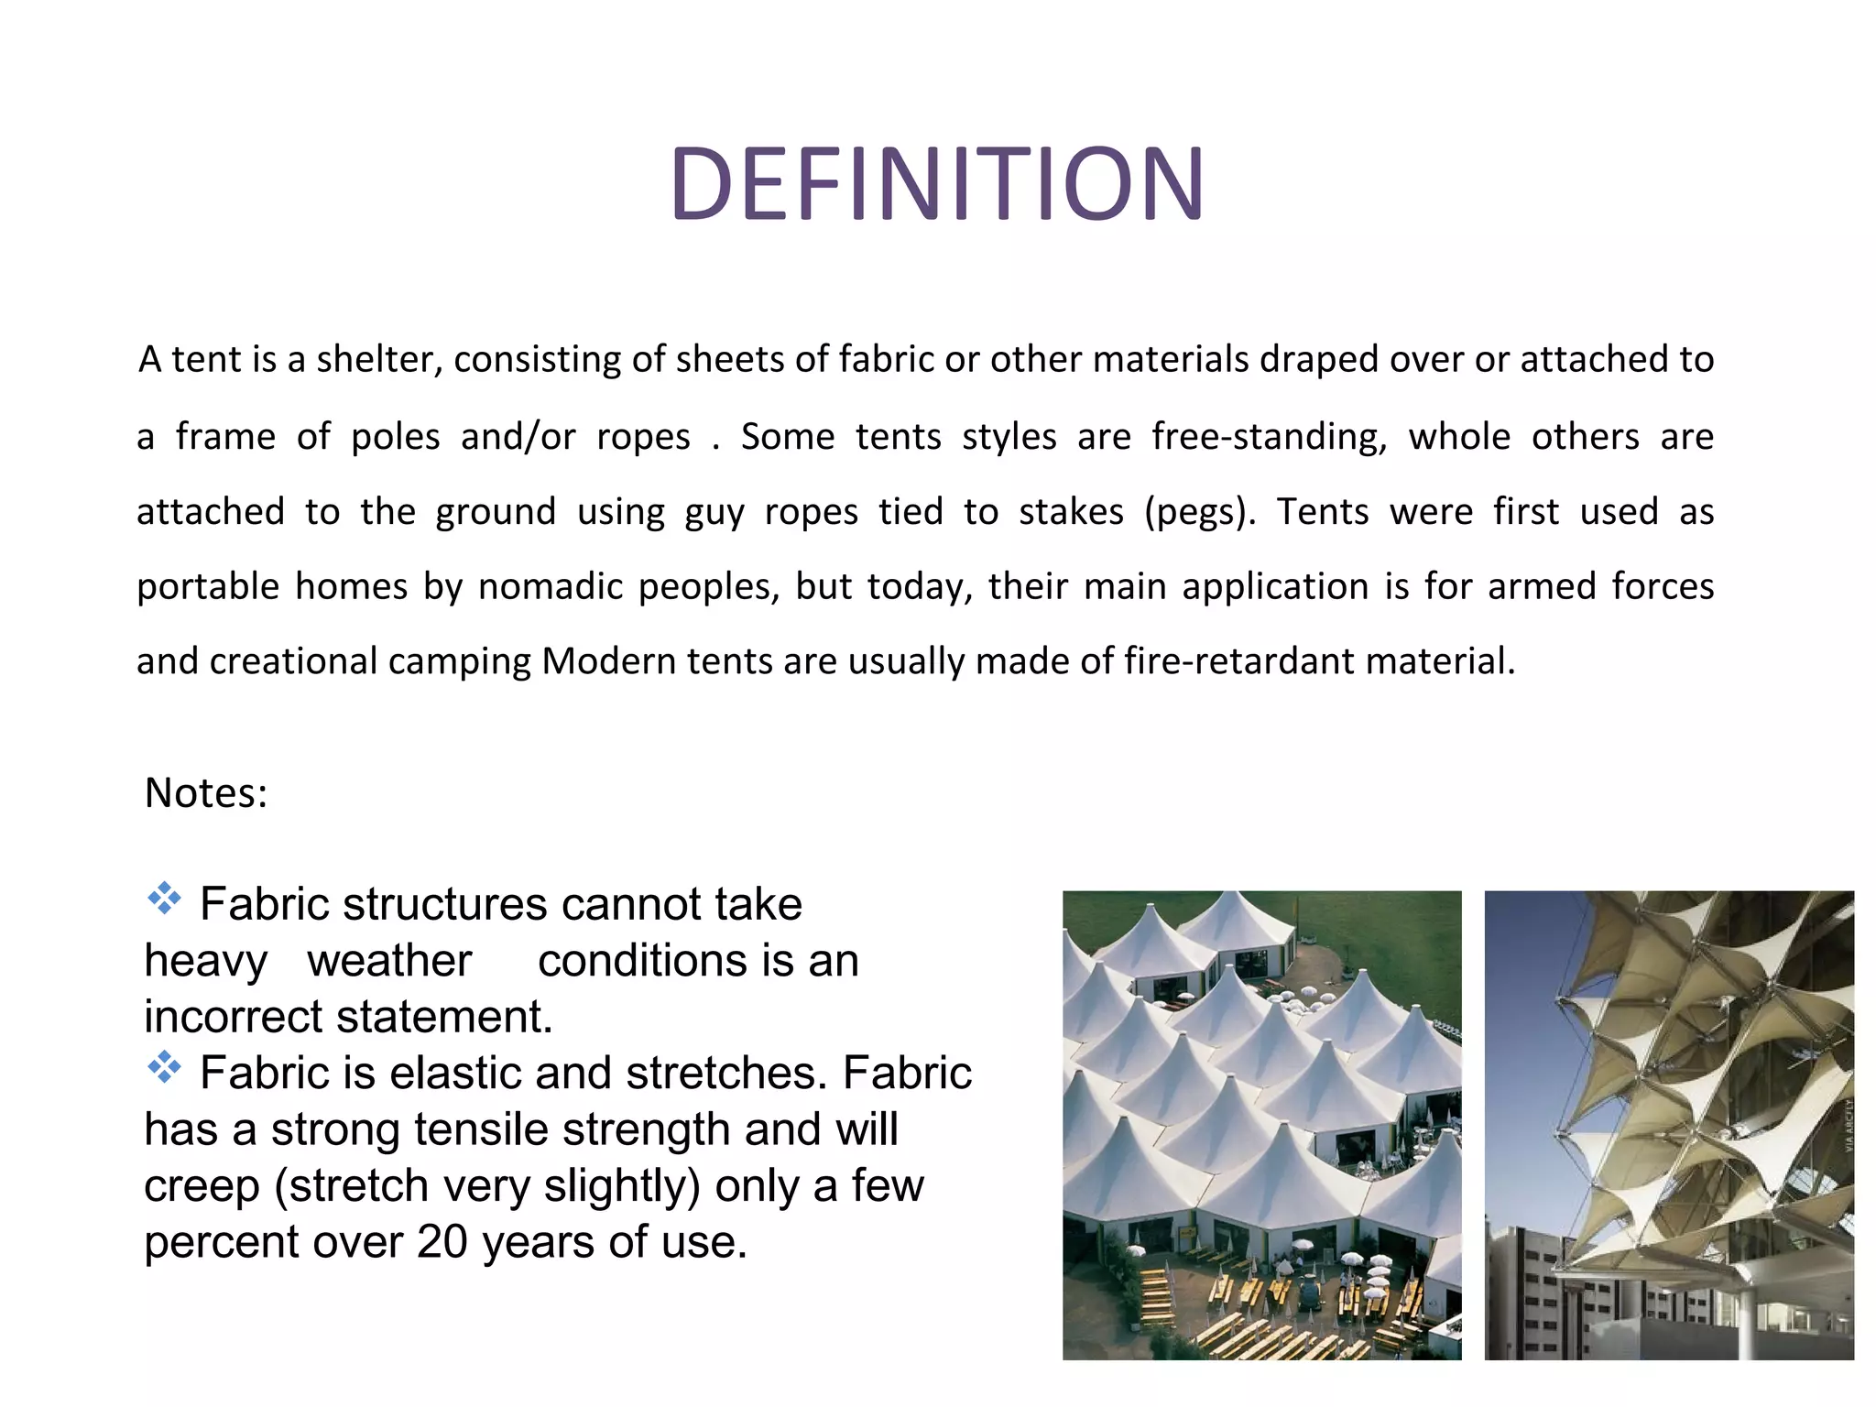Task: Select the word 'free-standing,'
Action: (x=1269, y=437)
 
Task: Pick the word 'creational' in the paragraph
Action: (x=293, y=661)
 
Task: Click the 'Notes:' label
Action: (x=206, y=793)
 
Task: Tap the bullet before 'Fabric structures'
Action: (x=165, y=900)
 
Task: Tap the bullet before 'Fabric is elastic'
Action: (x=165, y=1068)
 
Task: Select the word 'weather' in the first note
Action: (x=389, y=962)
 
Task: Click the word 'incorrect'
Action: (x=234, y=1018)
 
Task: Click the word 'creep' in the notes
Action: (x=202, y=1187)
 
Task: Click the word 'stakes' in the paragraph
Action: (x=1071, y=512)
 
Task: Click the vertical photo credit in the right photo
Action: (x=1848, y=1127)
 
